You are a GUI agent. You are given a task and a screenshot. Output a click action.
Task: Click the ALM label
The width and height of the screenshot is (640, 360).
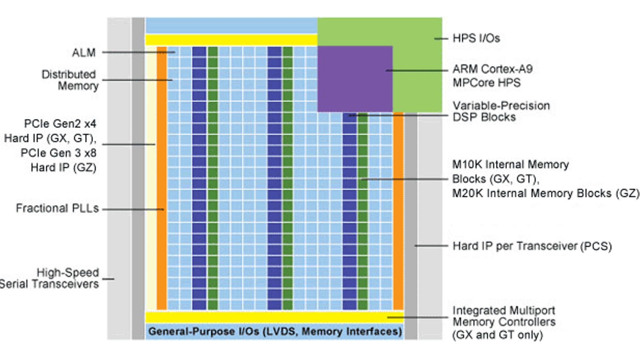click(84, 53)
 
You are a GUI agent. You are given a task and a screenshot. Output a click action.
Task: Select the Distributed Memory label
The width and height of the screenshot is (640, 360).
click(70, 80)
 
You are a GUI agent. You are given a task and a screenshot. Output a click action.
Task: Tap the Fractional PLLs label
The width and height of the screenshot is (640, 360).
click(57, 208)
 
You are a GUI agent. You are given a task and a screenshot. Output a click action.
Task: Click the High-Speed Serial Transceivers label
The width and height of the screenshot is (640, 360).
click(49, 278)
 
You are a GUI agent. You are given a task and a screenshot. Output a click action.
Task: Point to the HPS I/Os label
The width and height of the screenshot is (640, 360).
click(476, 38)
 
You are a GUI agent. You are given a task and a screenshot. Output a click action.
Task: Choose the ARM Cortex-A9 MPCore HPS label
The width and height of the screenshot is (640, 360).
click(493, 76)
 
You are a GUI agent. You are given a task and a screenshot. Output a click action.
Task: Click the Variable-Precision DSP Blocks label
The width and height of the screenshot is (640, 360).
click(501, 111)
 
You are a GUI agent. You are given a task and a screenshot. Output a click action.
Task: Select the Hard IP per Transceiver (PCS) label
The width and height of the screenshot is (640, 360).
click(532, 246)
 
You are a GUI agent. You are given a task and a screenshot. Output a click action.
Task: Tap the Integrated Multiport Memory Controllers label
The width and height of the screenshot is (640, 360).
click(504, 322)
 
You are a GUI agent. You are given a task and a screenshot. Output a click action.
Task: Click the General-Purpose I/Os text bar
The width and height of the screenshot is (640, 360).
click(275, 331)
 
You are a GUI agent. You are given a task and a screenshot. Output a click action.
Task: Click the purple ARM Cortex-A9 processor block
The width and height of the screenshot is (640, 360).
click(355, 79)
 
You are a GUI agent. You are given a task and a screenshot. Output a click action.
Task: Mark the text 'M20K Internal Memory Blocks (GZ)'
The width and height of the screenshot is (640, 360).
click(546, 193)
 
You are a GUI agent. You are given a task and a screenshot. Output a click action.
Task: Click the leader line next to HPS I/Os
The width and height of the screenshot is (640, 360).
click(441, 39)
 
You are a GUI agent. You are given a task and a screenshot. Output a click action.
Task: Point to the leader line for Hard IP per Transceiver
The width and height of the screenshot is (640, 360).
click(431, 246)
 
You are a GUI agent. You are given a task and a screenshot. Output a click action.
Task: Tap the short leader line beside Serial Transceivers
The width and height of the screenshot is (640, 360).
click(108, 279)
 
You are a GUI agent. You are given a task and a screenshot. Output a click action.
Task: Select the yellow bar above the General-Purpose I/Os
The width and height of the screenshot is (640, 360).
click(275, 317)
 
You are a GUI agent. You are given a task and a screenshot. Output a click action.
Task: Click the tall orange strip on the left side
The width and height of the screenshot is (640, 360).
click(162, 178)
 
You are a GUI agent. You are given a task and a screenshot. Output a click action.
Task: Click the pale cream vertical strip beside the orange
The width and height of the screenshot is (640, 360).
click(151, 178)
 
